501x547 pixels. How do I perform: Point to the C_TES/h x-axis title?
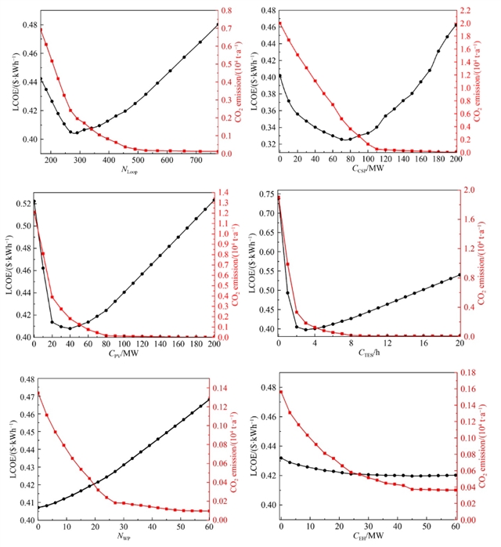(368, 352)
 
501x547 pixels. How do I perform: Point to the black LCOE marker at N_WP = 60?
(210, 400)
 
